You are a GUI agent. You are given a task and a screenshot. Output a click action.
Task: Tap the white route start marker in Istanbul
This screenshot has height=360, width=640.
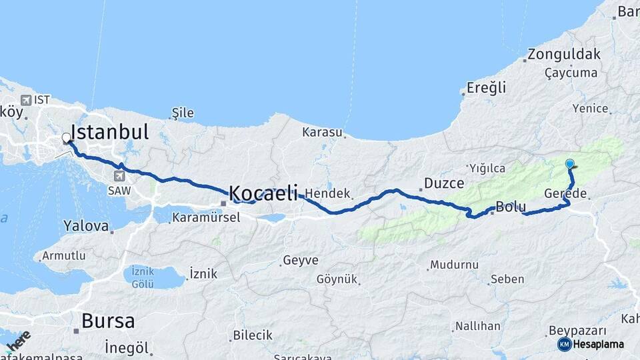coord(66,138)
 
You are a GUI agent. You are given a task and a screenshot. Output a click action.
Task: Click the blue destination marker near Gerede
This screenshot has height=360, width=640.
coord(570,163)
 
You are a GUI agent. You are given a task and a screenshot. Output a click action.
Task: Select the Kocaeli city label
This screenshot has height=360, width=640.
coord(263,193)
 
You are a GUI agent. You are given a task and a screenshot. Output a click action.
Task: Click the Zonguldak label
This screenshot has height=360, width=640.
coord(564,55)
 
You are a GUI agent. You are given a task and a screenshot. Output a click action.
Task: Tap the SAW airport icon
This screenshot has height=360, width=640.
coord(119,176)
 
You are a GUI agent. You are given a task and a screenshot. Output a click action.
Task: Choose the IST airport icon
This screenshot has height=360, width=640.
coord(25,100)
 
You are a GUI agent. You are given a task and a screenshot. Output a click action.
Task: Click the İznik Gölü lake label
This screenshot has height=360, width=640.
coord(143,277)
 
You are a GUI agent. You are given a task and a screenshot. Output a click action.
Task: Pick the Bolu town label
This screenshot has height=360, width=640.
coord(511,207)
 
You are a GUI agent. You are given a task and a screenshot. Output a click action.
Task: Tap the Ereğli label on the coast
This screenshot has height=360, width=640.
coord(486,87)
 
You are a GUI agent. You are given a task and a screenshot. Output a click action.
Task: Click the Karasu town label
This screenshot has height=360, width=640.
coord(321,132)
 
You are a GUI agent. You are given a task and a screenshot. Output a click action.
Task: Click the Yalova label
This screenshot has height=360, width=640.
coord(85,226)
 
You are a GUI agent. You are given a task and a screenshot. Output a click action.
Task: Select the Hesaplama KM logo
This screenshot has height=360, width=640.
coord(581,344)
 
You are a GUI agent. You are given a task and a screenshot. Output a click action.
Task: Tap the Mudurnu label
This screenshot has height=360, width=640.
coord(454,265)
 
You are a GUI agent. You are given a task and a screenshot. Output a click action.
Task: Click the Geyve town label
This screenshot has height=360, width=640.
coord(300,260)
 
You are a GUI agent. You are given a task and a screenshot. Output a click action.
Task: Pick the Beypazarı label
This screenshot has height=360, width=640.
coord(577,331)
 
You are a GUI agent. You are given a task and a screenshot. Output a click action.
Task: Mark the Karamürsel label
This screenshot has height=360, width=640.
coord(205,217)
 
